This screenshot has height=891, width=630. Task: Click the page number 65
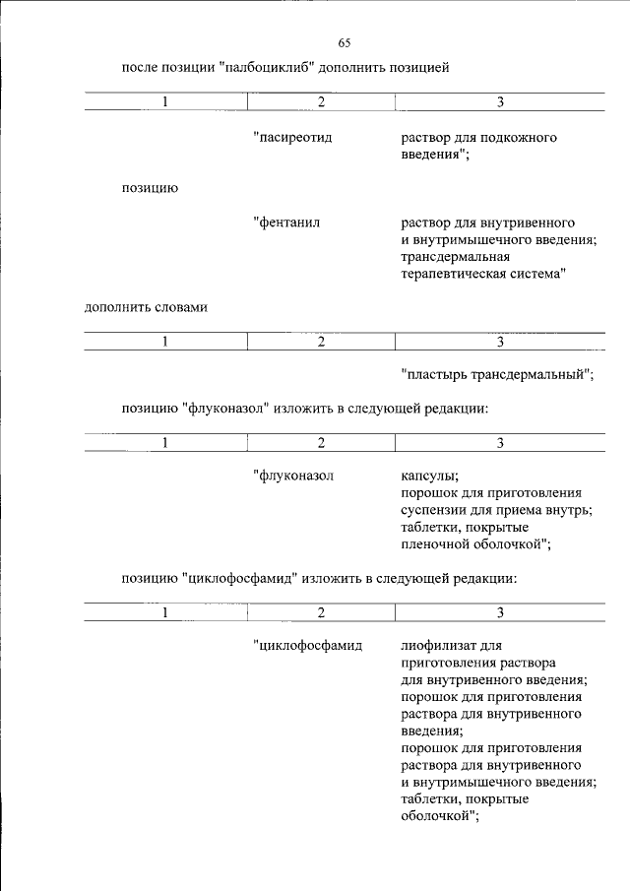click(345, 42)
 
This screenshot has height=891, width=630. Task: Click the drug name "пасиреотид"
click(292, 138)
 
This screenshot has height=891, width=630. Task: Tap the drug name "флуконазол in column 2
click(294, 477)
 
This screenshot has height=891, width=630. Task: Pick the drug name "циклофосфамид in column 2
click(308, 647)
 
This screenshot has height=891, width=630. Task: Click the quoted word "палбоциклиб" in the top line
click(269, 68)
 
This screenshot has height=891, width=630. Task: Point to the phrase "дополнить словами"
click(146, 307)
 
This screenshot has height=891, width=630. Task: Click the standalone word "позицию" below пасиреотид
click(150, 187)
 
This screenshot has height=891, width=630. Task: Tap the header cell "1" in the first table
click(164, 102)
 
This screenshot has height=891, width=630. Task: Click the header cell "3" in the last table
click(500, 612)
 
